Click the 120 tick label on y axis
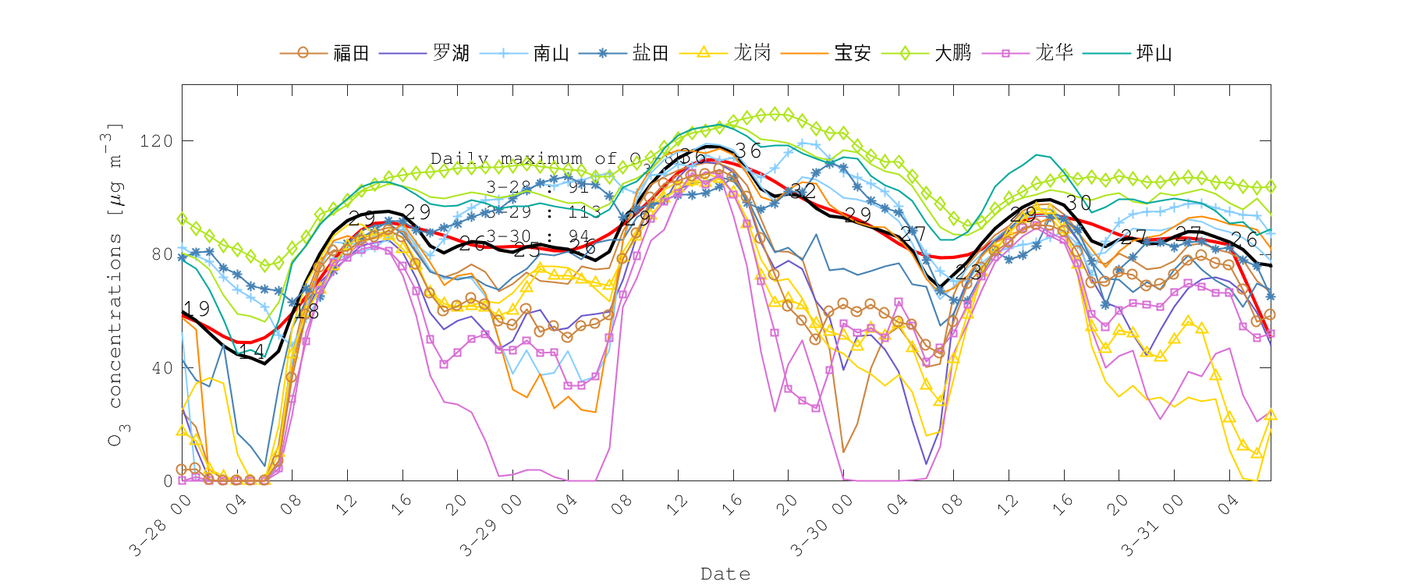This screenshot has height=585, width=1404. pos(156,141)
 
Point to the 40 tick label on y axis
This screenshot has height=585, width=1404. pos(161,368)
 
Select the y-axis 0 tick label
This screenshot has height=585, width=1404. pos(168,481)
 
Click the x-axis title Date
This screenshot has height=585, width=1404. pos(725,574)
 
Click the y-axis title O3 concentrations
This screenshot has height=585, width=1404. pos(115,284)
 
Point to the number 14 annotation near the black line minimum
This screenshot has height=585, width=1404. pos(251,353)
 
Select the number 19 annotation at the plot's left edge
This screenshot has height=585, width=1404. pos(197,309)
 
